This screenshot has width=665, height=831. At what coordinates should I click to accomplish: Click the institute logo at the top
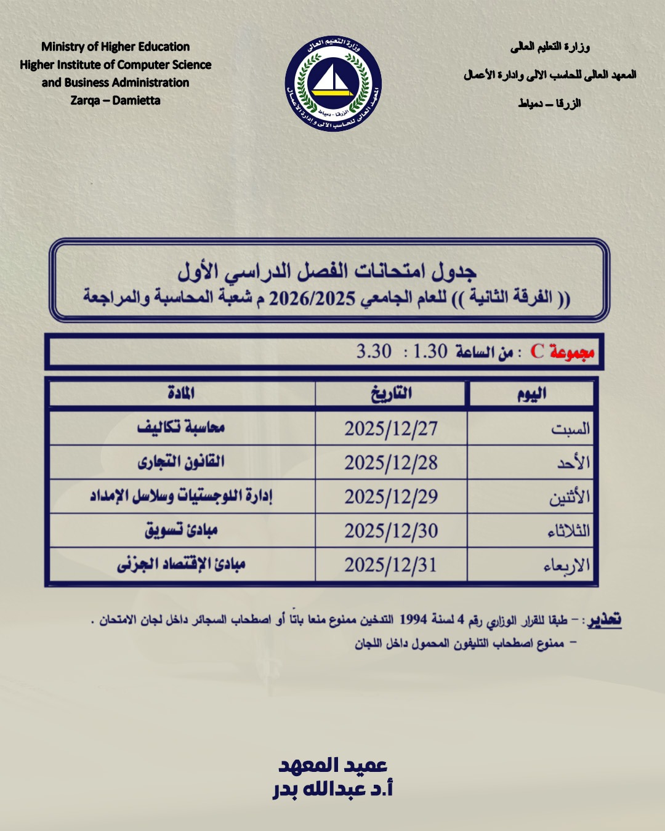[x=333, y=84]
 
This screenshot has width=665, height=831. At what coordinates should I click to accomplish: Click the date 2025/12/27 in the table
[x=391, y=428]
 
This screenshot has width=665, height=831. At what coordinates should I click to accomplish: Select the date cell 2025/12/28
[x=391, y=463]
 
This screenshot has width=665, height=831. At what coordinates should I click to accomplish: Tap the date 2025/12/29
[x=391, y=497]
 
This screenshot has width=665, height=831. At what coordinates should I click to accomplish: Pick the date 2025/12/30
[x=391, y=531]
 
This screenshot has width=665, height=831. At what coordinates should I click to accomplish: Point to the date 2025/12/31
[x=391, y=564]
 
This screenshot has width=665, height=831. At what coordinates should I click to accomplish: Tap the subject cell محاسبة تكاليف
[x=181, y=427]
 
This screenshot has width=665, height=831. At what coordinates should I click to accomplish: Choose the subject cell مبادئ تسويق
[x=181, y=530]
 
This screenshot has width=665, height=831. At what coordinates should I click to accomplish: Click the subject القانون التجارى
[x=181, y=462]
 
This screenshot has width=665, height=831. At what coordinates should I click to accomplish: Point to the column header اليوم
[x=531, y=394]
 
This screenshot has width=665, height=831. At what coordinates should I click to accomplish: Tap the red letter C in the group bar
[x=537, y=351]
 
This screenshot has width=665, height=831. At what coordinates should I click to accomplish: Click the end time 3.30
[x=374, y=351]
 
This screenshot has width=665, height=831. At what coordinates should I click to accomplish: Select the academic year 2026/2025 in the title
[x=312, y=299]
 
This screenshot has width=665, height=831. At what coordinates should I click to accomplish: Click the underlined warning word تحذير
[x=604, y=620]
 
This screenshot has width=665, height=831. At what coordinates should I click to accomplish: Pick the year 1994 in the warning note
[x=413, y=619]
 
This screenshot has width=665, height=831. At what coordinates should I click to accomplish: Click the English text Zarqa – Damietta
[x=115, y=100]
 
